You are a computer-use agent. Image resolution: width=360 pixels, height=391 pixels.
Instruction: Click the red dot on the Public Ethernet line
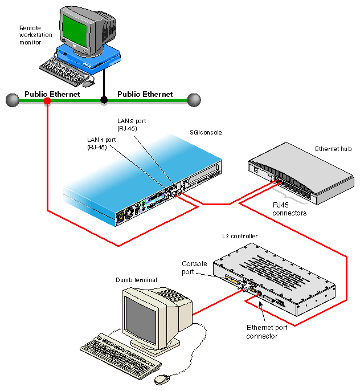tap(47, 101)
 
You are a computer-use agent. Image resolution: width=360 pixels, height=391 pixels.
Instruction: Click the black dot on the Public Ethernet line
tap(104, 100)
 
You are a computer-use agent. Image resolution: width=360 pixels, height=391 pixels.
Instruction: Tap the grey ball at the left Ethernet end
tap(12, 100)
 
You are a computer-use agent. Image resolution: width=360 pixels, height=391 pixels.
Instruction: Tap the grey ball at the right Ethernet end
tap(194, 100)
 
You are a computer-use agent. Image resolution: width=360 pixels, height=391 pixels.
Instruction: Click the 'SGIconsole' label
tap(206, 132)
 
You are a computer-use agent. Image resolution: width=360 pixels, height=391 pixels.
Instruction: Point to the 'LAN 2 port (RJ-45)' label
tap(127, 125)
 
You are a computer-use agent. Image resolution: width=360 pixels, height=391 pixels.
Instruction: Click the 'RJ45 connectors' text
tap(289, 209)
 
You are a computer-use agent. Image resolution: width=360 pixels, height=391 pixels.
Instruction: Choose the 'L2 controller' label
tap(239, 236)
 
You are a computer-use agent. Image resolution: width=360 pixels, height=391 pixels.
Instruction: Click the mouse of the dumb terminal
tap(162, 378)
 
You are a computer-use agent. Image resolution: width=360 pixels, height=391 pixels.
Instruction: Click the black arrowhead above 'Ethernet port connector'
tap(261, 306)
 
